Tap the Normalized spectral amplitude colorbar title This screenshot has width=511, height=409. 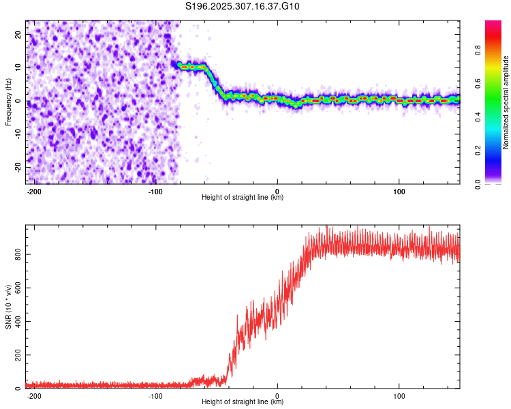[x=506, y=102]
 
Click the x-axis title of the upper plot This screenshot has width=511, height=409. [x=243, y=198]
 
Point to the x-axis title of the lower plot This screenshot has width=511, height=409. [x=243, y=402]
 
